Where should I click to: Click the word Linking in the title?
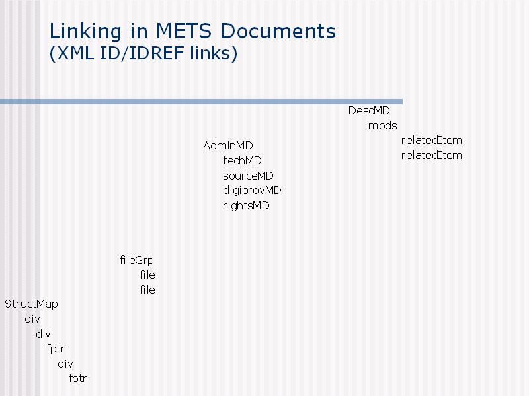point(85,32)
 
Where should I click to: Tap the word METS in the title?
point(184,31)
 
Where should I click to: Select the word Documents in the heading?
point(278,31)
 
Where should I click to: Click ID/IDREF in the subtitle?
point(142,53)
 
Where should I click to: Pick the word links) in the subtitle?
point(214,53)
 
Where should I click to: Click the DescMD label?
point(369,110)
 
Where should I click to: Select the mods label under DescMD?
point(383,126)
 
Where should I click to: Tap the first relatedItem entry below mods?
point(432,140)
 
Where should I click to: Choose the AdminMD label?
point(227,145)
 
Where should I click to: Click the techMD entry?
point(242,160)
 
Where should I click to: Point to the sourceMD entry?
point(248,176)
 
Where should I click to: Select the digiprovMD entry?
point(252,191)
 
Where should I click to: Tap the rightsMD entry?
point(246,206)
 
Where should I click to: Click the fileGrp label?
point(137,260)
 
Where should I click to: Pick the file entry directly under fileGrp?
point(147,275)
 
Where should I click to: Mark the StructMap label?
point(31,304)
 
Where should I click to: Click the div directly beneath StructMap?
point(32,319)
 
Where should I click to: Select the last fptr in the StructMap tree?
point(77,378)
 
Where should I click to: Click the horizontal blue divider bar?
point(201,102)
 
